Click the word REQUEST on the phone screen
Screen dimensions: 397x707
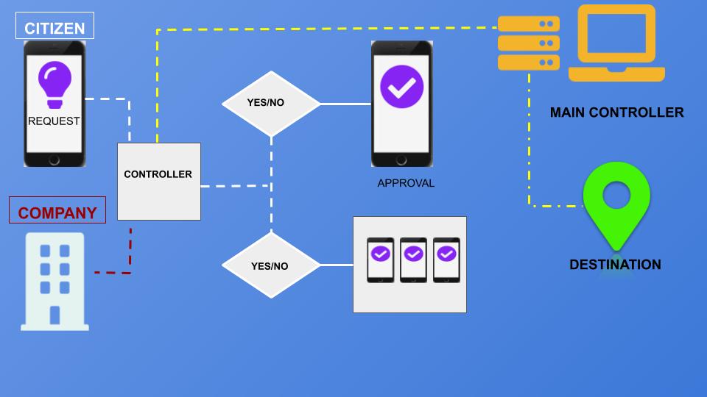(54, 121)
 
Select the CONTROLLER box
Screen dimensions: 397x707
(158, 181)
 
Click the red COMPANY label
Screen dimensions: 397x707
(57, 212)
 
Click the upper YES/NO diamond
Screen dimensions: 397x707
(271, 103)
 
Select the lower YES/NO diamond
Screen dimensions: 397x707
(271, 265)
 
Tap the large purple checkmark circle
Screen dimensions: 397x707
(401, 87)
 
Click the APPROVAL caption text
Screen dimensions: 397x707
(406, 183)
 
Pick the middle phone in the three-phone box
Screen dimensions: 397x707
(413, 260)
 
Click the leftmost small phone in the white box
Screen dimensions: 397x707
(380, 260)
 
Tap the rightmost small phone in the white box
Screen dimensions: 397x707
(446, 260)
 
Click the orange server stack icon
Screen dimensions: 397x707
(528, 43)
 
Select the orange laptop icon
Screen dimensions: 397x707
(616, 43)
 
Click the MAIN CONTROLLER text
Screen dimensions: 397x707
(616, 112)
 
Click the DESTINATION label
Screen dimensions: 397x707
(615, 265)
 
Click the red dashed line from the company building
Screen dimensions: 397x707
(130, 254)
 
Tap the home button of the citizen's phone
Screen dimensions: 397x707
(54, 160)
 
